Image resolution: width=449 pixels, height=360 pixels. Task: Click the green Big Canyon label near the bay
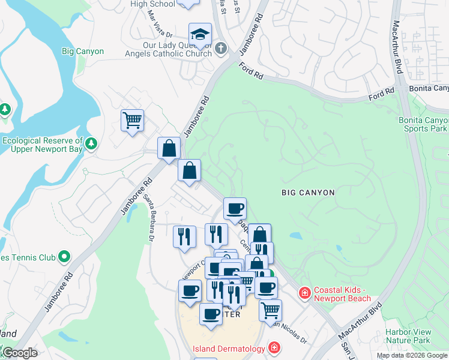point(83,52)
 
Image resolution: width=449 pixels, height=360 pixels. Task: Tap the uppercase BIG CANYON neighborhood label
point(308,193)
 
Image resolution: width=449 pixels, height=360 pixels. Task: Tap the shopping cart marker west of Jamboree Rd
point(132,119)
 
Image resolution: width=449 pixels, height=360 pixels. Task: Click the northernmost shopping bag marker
point(169,148)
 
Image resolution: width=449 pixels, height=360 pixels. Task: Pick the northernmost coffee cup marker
point(235,208)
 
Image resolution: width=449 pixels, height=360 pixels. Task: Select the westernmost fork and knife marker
point(184,236)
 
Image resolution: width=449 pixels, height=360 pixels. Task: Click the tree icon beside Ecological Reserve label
point(91,143)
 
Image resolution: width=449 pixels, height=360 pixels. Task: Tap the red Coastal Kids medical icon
point(305,293)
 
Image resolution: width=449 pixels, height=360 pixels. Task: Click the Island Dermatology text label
point(229,349)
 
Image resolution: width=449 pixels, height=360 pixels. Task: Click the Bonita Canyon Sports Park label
point(424,124)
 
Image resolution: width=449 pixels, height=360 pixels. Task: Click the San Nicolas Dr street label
point(289,333)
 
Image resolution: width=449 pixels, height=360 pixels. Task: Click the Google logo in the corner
point(20,353)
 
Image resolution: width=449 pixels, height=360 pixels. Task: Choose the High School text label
point(154,4)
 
